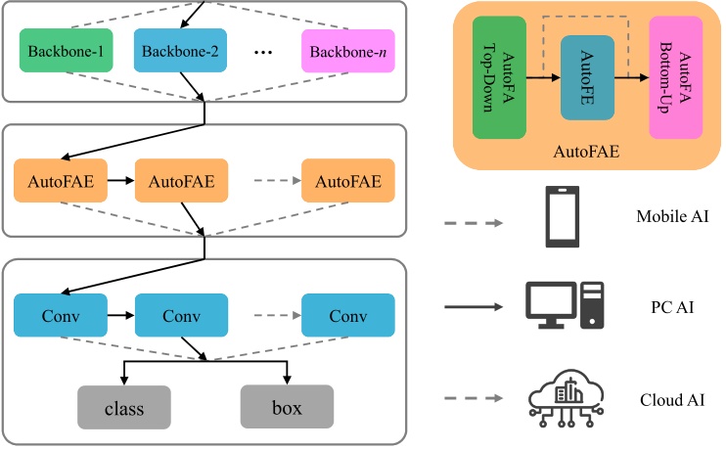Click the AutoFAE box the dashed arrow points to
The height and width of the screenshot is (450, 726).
[x=348, y=181]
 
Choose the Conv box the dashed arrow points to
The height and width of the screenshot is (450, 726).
[x=348, y=316]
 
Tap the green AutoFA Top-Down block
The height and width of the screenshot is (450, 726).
[x=500, y=76]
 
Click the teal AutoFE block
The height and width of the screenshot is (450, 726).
[x=587, y=77]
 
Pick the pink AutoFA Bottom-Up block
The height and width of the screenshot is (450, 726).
[x=675, y=76]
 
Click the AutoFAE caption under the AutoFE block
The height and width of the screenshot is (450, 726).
[x=586, y=153]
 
